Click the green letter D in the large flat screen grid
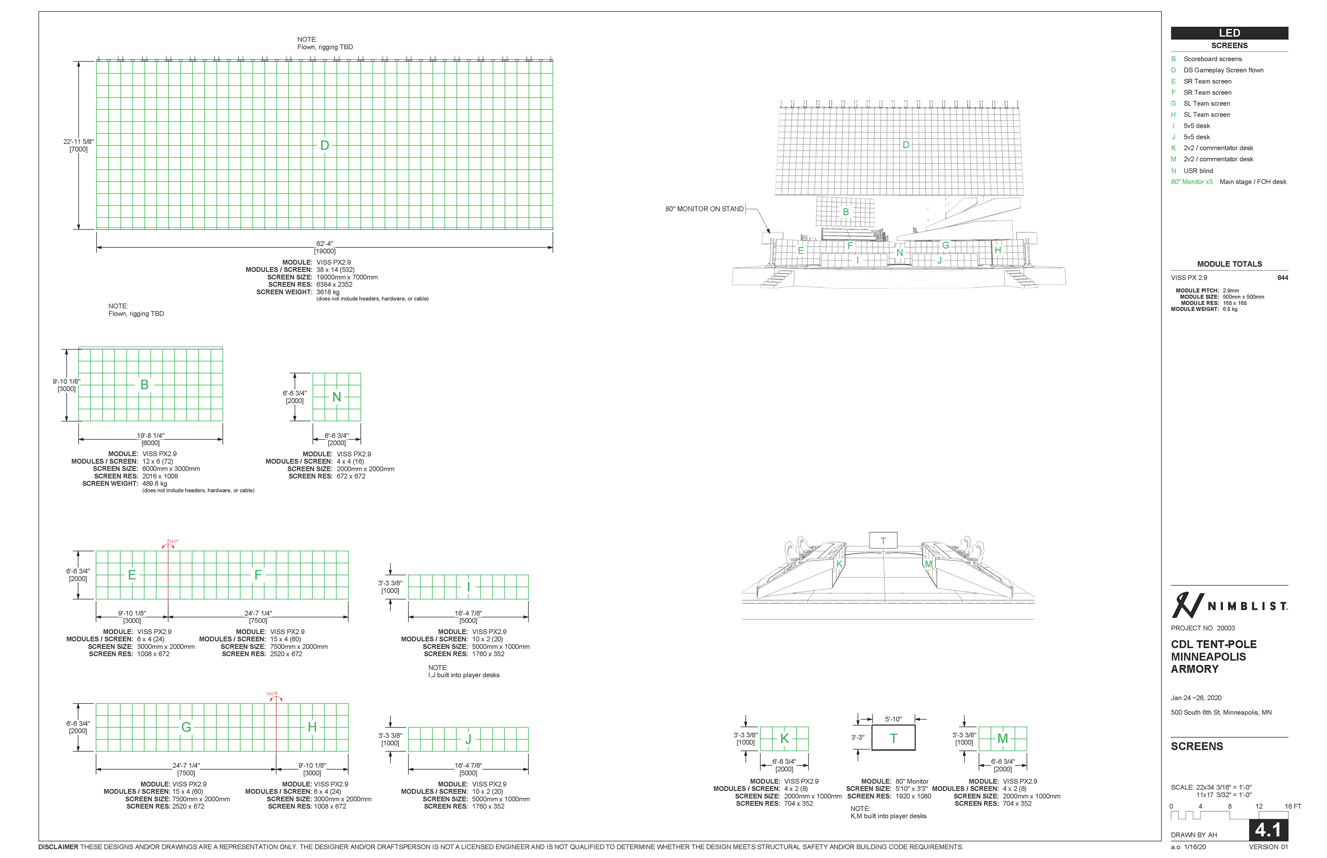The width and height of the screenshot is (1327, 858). pyautogui.click(x=324, y=145)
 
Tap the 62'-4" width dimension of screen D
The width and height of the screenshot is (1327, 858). pyautogui.click(x=324, y=244)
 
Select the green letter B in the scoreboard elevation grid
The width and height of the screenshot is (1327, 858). pyautogui.click(x=144, y=384)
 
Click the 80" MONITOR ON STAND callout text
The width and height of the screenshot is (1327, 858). pyautogui.click(x=704, y=209)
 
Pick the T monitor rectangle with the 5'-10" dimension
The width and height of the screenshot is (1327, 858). pyautogui.click(x=893, y=738)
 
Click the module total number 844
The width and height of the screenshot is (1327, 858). pyautogui.click(x=1282, y=277)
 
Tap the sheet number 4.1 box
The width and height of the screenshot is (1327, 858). pyautogui.click(x=1268, y=830)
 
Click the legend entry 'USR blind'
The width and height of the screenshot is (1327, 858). pyautogui.click(x=1198, y=171)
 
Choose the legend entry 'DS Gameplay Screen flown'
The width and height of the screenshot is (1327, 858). pyautogui.click(x=1223, y=70)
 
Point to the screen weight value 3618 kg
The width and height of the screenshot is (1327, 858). pyautogui.click(x=328, y=292)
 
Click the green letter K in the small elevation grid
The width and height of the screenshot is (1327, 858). pyautogui.click(x=784, y=739)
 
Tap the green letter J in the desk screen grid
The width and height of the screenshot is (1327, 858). pyautogui.click(x=468, y=739)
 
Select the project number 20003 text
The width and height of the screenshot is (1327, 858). pyautogui.click(x=1203, y=628)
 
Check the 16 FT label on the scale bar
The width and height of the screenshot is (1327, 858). pyautogui.click(x=1292, y=806)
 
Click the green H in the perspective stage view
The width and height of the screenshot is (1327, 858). pyautogui.click(x=998, y=250)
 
